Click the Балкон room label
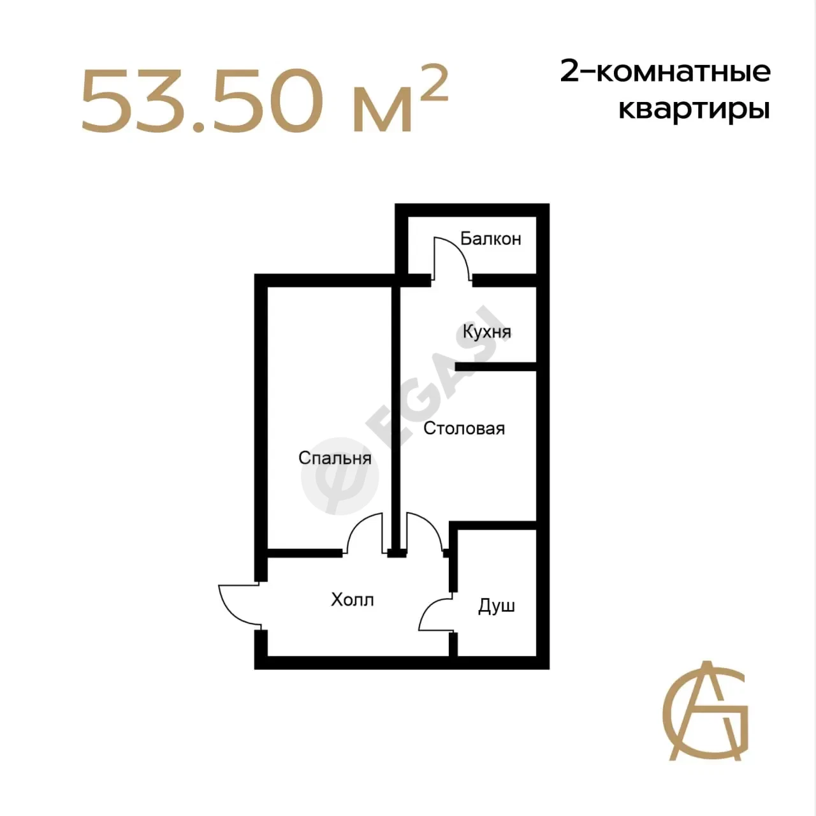[x=490, y=239]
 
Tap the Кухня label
[x=487, y=332]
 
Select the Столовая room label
[x=464, y=428]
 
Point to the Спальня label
[x=335, y=458]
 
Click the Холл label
[x=353, y=600]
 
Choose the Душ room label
[x=497, y=606]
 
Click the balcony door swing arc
[x=461, y=250]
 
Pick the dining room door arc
[x=432, y=523]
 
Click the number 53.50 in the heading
[x=202, y=101]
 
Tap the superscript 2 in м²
[x=434, y=83]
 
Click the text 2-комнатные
[x=666, y=71]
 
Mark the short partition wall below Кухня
[x=496, y=367]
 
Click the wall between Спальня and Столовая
[x=395, y=419]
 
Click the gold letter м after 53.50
[x=382, y=109]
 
